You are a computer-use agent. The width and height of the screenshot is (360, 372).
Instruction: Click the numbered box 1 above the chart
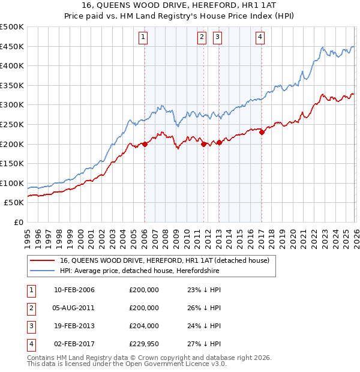144,37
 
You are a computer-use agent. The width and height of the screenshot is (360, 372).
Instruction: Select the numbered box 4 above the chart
260,37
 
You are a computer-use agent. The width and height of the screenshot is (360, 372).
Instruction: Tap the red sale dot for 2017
262,133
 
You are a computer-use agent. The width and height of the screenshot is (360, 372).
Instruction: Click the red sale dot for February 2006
145,144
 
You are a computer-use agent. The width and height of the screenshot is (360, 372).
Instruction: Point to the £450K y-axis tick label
12,47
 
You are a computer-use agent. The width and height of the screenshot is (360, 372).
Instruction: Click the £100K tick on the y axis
12,183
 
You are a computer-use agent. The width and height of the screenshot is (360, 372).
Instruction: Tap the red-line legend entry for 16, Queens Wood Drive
168,260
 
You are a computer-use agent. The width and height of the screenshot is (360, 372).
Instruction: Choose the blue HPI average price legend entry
140,271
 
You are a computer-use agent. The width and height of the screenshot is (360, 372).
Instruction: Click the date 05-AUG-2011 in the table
74,308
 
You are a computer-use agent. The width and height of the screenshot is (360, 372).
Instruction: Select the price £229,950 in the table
144,344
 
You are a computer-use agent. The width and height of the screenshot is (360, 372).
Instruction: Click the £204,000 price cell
144,326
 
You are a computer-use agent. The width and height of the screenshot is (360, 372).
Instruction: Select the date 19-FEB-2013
74,326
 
